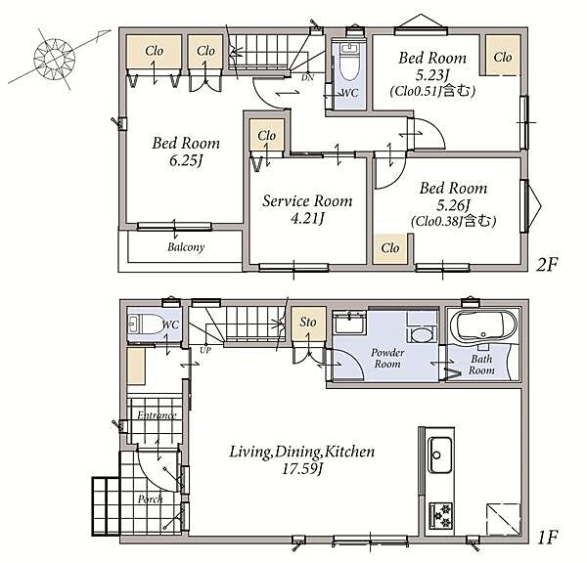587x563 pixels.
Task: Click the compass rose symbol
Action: [x=55, y=59]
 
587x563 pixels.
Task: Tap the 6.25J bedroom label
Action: [x=186, y=152]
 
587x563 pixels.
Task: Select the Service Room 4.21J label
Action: [x=307, y=209]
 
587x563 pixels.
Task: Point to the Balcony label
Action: [x=186, y=247]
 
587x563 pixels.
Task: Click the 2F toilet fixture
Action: [x=349, y=62]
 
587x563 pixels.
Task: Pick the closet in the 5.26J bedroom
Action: [x=390, y=248]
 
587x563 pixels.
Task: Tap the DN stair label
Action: [x=308, y=78]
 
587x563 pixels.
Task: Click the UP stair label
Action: [x=205, y=351]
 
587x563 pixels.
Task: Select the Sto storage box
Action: [x=308, y=324]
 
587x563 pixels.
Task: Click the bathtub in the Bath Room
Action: [x=483, y=325]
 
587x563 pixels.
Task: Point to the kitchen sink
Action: [x=440, y=455]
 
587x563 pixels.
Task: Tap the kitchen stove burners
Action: [x=441, y=516]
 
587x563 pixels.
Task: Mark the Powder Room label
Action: [x=387, y=358]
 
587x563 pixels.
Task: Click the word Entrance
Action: [x=157, y=414]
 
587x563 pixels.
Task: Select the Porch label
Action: [x=150, y=499]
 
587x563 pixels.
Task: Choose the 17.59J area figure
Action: [x=301, y=469]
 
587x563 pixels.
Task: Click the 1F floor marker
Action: [x=548, y=538]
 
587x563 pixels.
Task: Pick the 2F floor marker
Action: [x=547, y=265]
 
